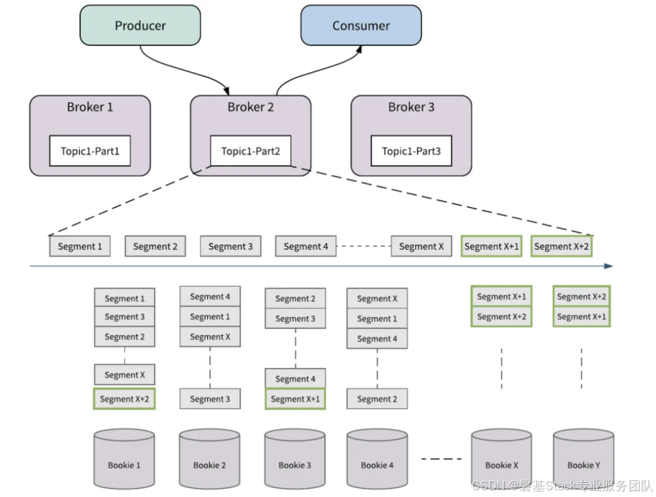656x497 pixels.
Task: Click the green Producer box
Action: (140, 26)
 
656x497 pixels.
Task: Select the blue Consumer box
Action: (361, 26)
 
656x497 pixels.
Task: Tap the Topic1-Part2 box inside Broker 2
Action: (250, 151)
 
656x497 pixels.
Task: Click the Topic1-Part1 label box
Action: (90, 151)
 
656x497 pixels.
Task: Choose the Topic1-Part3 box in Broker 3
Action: (410, 151)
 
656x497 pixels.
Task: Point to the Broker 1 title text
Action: (90, 107)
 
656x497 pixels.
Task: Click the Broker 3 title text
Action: (410, 107)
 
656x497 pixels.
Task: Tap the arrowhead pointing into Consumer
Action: (359, 49)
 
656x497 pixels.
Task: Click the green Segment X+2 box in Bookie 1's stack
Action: (124, 399)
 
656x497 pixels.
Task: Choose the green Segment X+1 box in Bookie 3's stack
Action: (295, 399)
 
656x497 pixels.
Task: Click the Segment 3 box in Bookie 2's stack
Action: (209, 399)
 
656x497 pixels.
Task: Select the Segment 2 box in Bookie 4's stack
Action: (377, 399)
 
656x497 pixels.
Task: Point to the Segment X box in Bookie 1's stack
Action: (124, 374)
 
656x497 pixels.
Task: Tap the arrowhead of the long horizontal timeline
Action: (609, 266)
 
